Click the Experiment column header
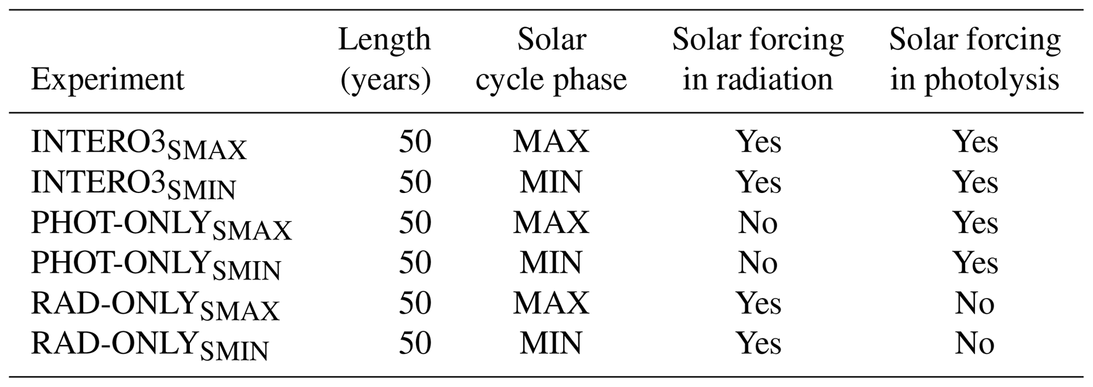point(108,80)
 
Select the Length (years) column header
point(385,59)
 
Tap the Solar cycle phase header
point(551,59)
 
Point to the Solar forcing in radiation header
point(758,59)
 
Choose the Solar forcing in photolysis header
point(975,59)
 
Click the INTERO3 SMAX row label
point(139,144)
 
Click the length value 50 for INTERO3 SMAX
point(415,142)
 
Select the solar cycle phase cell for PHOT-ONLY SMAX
point(551,223)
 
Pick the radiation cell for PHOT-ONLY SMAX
point(758,223)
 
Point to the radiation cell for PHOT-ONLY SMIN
point(758,263)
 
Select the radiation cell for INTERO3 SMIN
point(759,182)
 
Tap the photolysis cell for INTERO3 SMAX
point(976,142)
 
